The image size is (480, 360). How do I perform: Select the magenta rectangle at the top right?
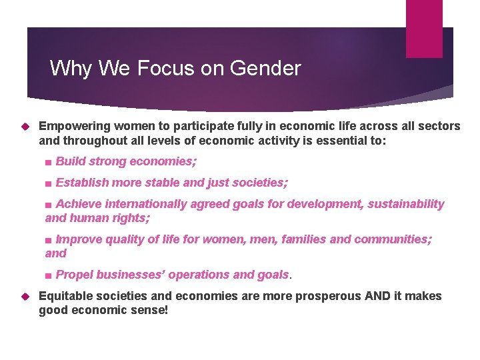pos(425,29)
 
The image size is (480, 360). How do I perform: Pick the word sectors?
pos(440,126)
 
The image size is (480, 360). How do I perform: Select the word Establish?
pos(83,183)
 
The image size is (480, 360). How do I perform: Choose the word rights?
pos(131,218)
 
